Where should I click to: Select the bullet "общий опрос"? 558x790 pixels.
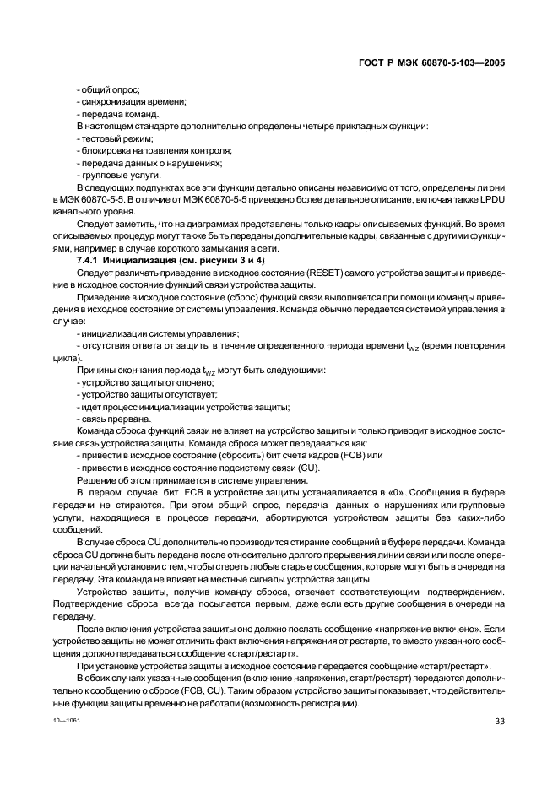point(108,89)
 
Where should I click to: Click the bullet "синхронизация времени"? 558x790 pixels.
point(131,101)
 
